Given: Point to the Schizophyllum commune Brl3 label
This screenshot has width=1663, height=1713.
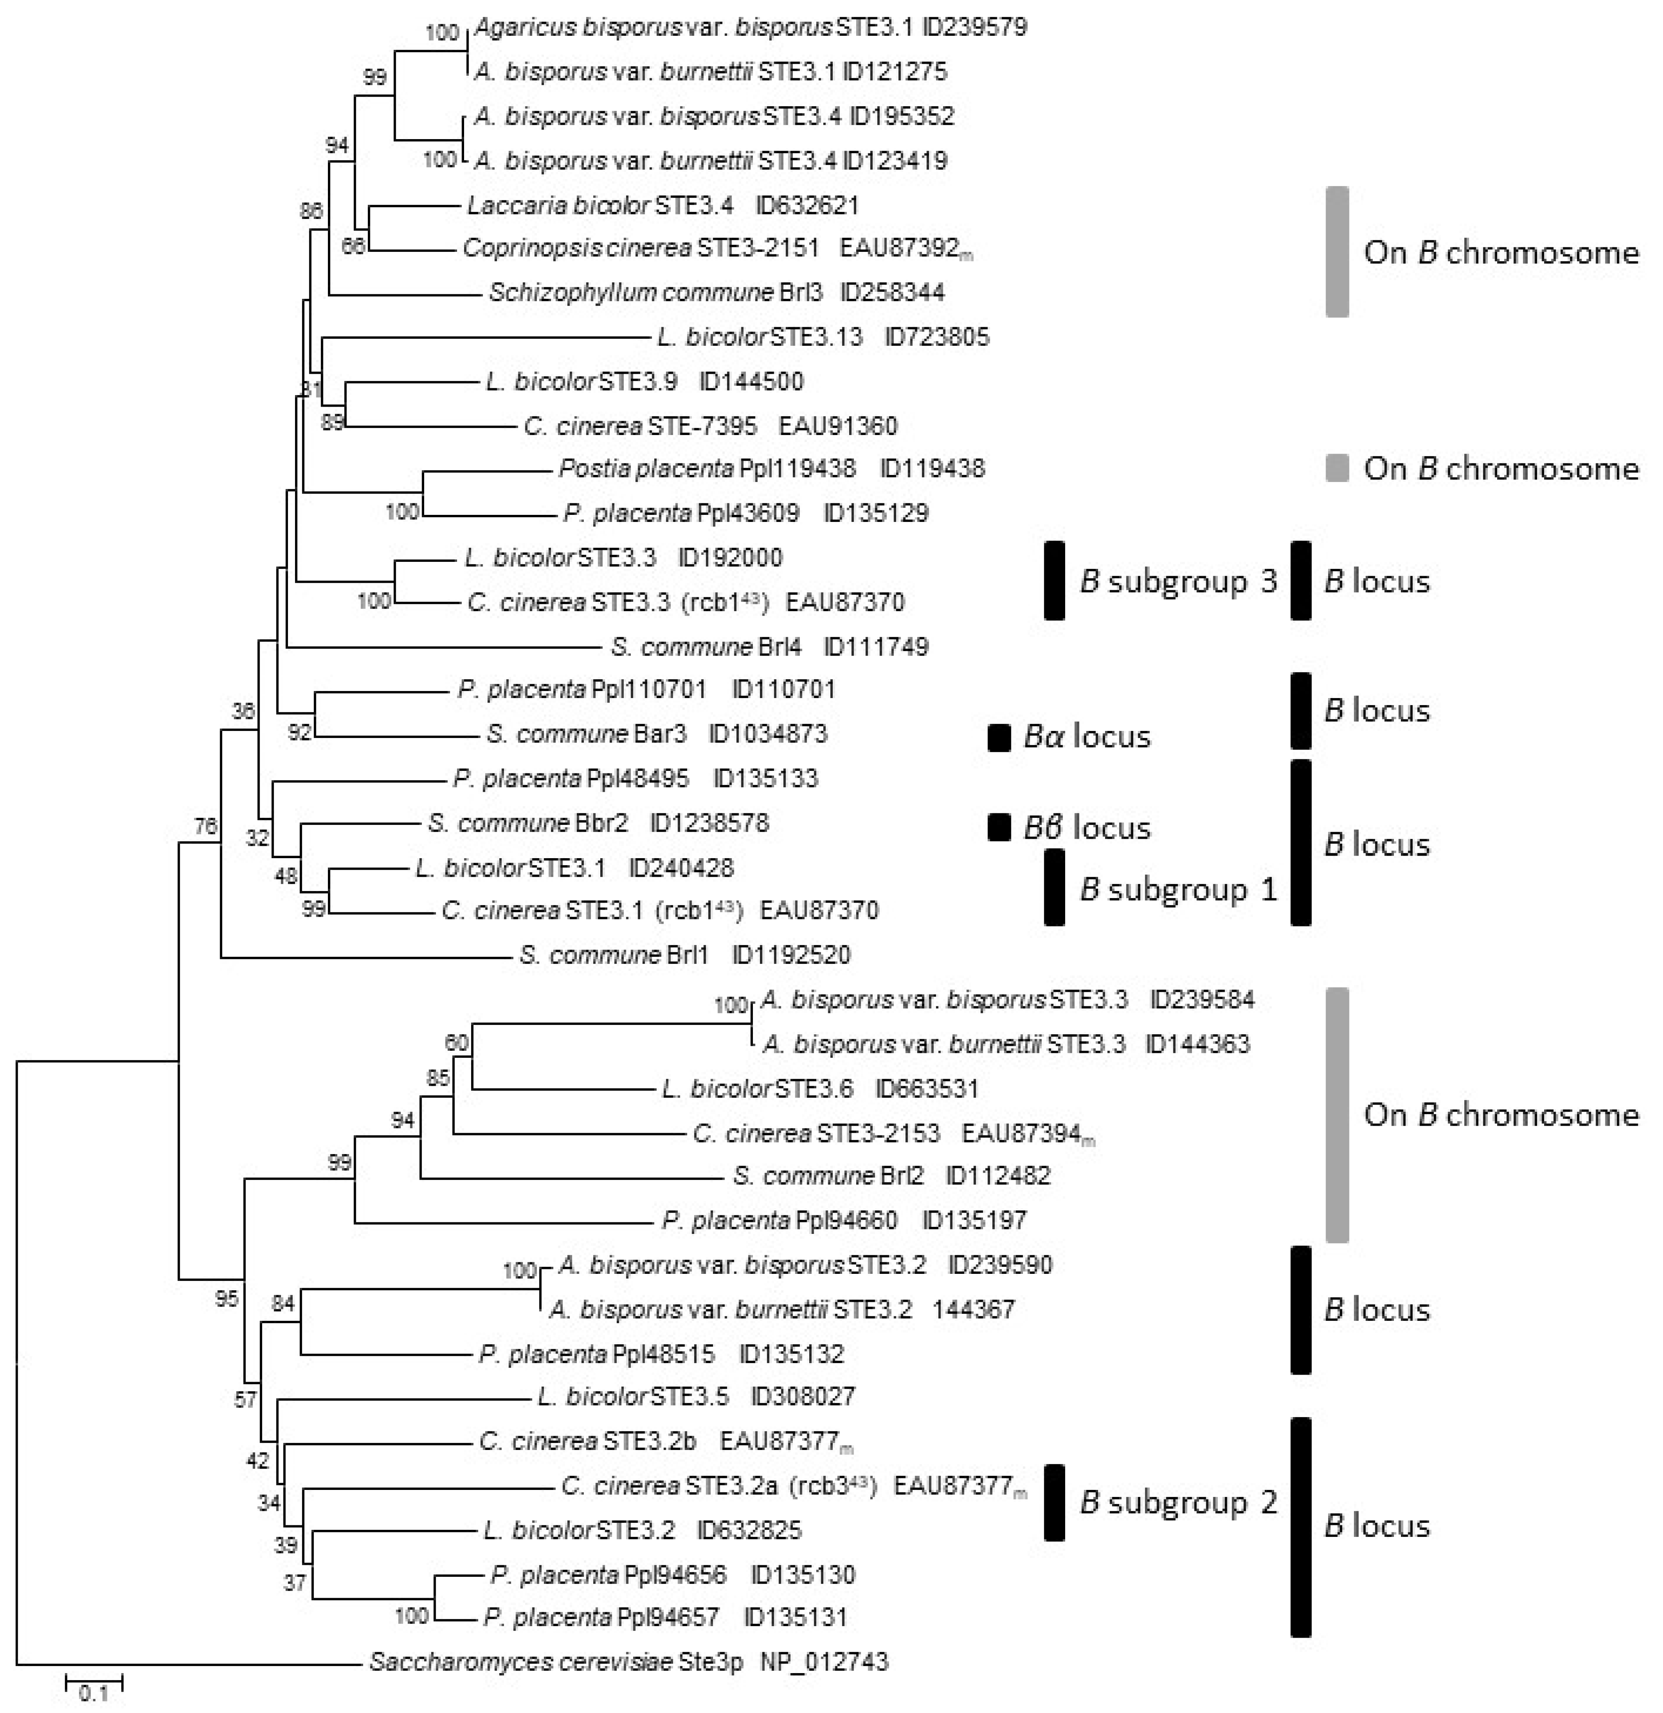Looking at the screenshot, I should click(x=655, y=292).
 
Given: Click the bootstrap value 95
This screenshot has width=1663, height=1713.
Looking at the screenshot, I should click(x=226, y=1299).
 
